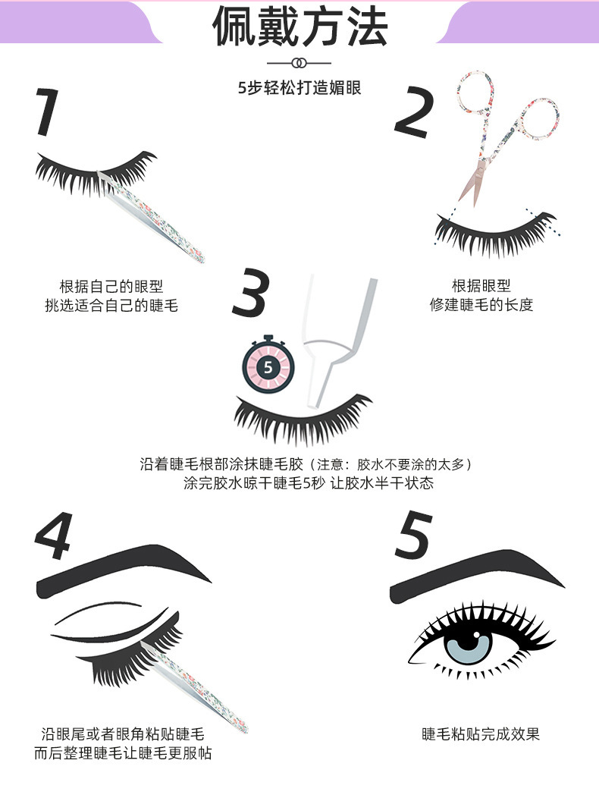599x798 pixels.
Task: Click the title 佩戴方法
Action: coord(300,26)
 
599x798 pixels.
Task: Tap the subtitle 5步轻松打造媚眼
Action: coord(299,88)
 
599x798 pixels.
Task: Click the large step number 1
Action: coord(47,112)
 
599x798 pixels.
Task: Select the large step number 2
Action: coord(414,112)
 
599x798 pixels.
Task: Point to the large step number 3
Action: coord(250,293)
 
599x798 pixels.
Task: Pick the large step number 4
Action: coord(54,536)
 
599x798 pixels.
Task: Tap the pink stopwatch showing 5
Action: coord(268,365)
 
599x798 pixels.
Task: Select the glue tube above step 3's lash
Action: coord(338,341)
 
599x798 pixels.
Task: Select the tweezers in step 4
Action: coord(194,686)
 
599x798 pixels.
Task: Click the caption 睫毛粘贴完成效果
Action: coord(481,734)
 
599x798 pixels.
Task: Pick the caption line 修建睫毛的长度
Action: coord(481,304)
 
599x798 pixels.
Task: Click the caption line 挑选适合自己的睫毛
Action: coord(111,305)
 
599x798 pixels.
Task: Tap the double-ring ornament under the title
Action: coord(299,63)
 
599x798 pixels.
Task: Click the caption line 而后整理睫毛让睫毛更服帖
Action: coord(123,752)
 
